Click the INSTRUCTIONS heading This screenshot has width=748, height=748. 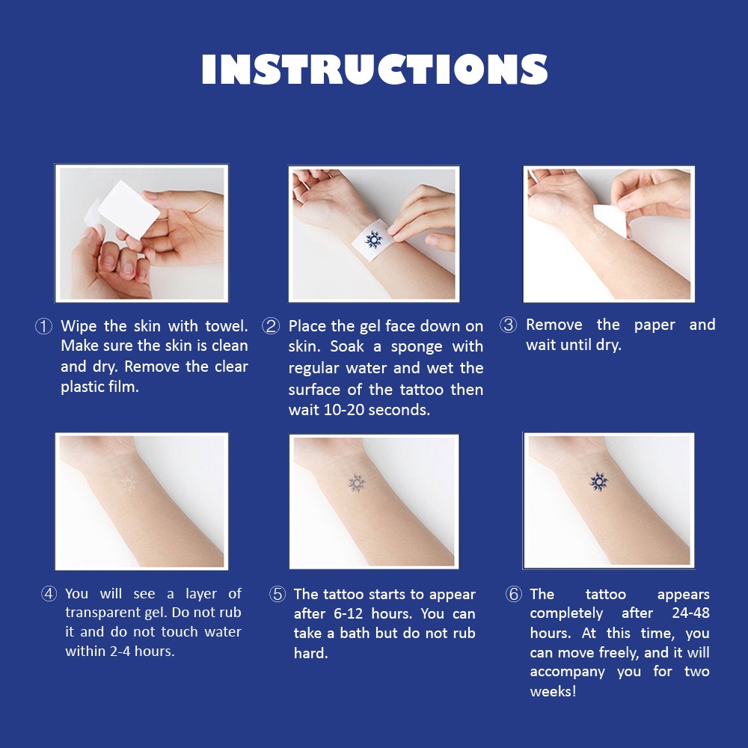(x=375, y=69)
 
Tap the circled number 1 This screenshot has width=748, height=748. (x=44, y=327)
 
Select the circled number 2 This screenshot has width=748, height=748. (x=271, y=326)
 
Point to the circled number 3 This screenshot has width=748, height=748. (x=508, y=325)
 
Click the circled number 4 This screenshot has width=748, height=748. (x=49, y=594)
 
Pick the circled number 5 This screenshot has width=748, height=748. (x=278, y=595)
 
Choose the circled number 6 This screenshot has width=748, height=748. (x=514, y=595)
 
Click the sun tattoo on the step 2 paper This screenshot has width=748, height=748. (x=373, y=239)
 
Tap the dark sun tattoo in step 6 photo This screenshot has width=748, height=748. (x=598, y=482)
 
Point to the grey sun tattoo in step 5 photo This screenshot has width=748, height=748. (x=356, y=482)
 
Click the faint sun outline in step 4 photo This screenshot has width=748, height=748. (x=127, y=484)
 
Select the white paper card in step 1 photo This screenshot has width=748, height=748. (x=129, y=210)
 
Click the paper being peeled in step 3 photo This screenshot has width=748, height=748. (x=610, y=220)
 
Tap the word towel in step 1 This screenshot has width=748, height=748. (x=226, y=326)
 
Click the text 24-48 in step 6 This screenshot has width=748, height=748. (x=690, y=613)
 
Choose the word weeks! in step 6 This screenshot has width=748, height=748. (x=553, y=691)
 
